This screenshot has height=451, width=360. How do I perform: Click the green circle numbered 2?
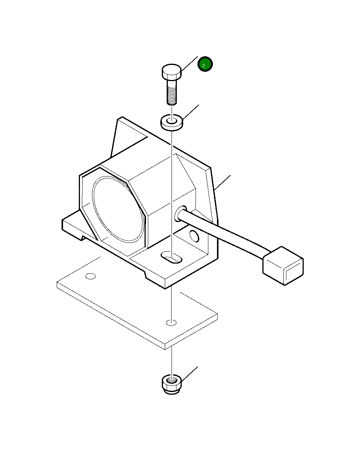(x=205, y=64)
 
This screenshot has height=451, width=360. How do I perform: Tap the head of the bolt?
(x=172, y=72)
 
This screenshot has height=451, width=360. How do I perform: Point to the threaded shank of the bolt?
(x=172, y=92)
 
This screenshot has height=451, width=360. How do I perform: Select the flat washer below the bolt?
(x=172, y=122)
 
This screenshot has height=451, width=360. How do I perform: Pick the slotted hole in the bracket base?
(x=171, y=257)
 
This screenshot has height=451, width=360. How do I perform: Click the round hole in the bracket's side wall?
(x=194, y=236)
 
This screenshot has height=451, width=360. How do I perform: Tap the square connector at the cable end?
(x=283, y=265)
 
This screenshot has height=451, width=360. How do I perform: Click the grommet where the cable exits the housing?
(x=180, y=213)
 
